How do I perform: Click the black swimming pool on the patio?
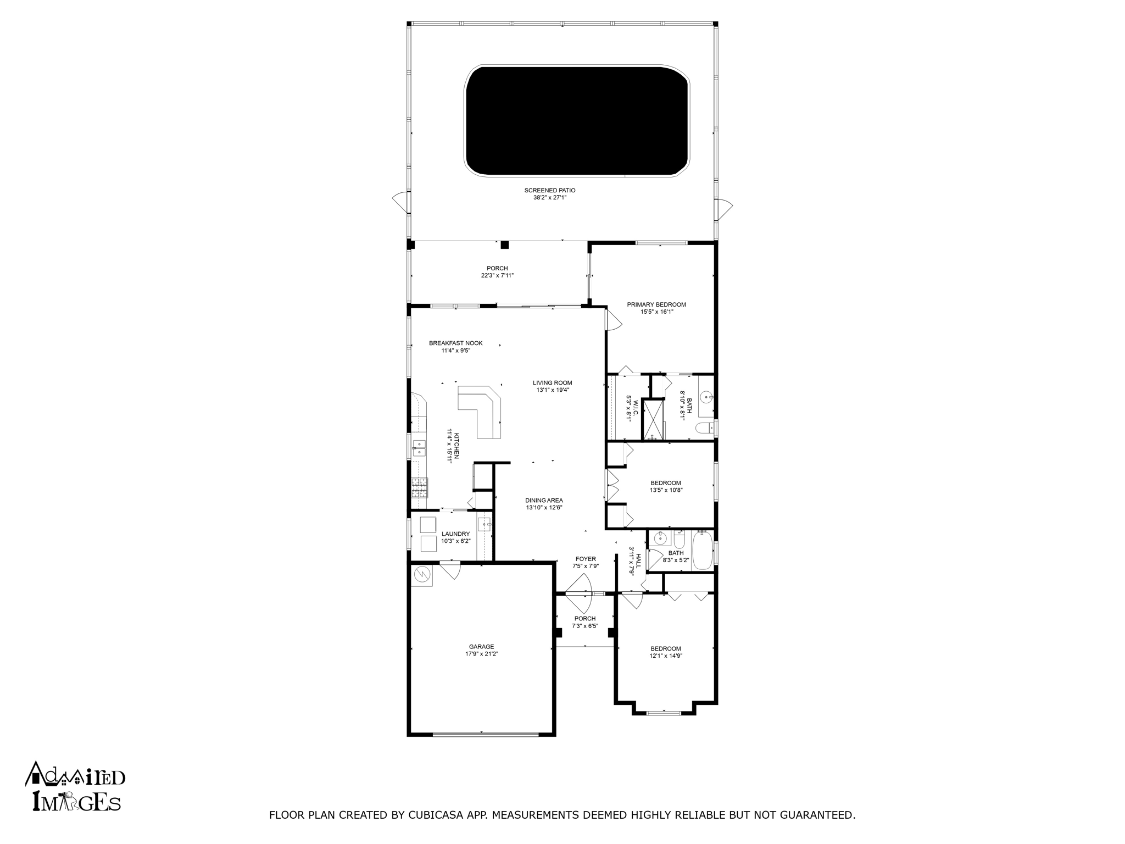tap(577, 121)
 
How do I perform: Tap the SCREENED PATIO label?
tap(550, 190)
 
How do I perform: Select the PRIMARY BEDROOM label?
tap(656, 304)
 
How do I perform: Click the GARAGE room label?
tap(482, 647)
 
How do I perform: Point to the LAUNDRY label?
tap(455, 534)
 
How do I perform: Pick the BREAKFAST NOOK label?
tap(456, 343)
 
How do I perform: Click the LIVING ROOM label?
tap(553, 383)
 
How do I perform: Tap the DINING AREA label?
tap(544, 501)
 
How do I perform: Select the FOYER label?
tap(586, 559)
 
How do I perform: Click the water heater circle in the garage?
tap(422, 574)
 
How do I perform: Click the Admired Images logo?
tap(75, 786)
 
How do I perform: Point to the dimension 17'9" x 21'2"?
tap(482, 654)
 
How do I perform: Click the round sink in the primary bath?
tap(706, 396)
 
